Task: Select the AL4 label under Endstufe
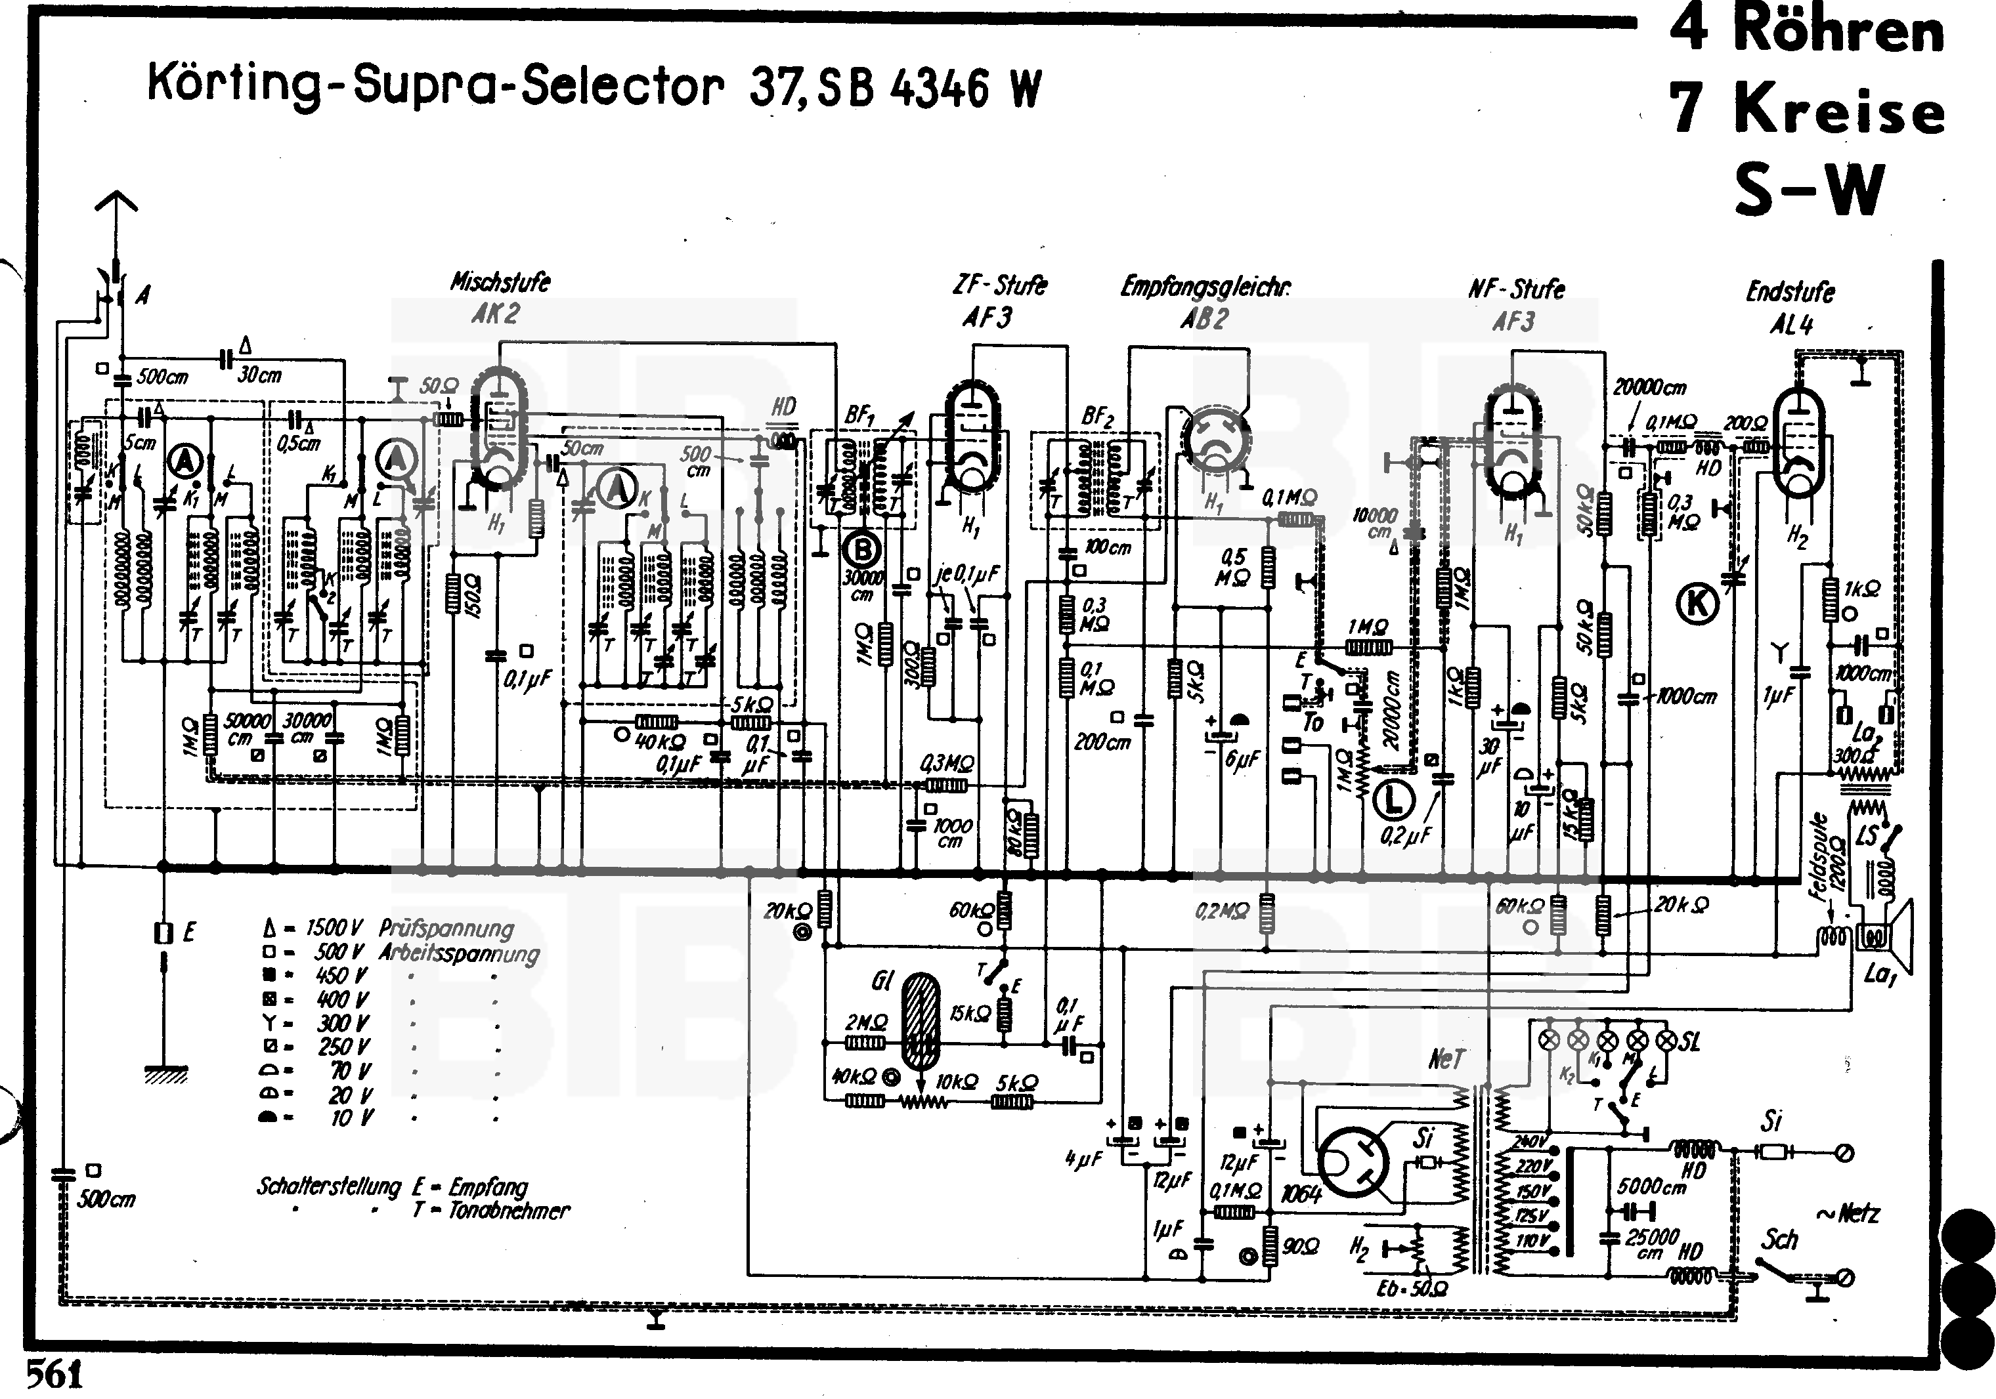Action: coord(1791,325)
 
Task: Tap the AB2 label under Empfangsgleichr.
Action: coord(1204,319)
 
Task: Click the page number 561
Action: coord(54,1375)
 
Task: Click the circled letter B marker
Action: coord(862,549)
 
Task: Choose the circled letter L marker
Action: coord(1393,801)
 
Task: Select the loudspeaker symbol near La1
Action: coord(1886,937)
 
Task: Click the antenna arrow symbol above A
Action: coord(116,209)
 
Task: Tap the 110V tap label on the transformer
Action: coord(1531,1241)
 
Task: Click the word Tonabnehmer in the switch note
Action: coord(509,1211)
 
